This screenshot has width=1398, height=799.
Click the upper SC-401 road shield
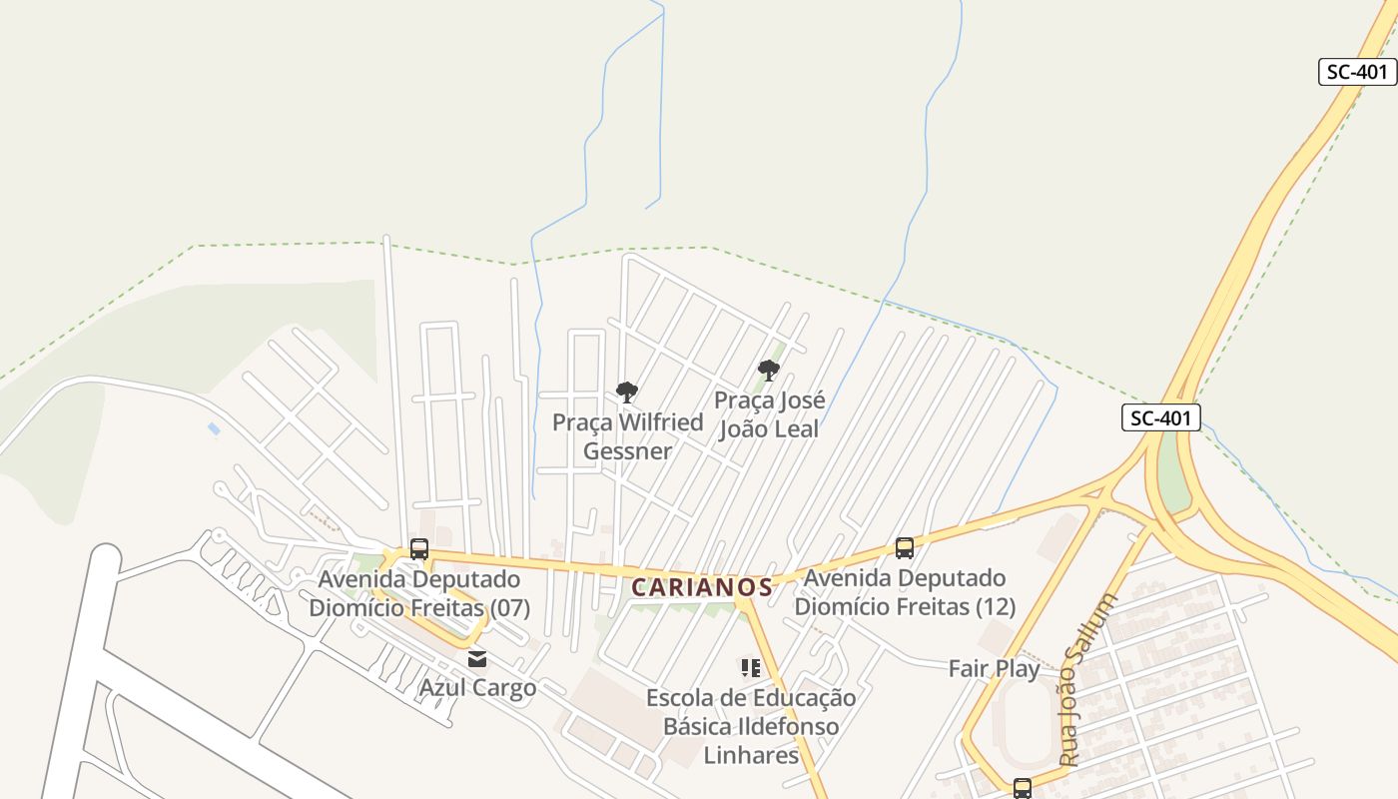[x=1357, y=72]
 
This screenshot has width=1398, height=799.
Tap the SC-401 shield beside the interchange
[x=1160, y=417]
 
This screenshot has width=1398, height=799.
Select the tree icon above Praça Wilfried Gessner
[x=627, y=392]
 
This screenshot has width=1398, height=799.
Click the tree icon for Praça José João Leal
[x=768, y=371]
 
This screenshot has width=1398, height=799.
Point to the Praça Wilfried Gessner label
[x=628, y=436]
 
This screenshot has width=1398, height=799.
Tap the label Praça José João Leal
[x=769, y=414]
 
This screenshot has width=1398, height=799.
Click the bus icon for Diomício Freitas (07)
[x=419, y=549]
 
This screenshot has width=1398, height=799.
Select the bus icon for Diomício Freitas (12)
[x=905, y=547]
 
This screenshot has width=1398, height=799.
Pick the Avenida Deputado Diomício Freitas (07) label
[x=419, y=593]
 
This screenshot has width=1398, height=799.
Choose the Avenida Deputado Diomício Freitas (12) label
[x=905, y=592]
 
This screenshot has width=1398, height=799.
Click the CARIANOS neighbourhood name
[x=703, y=587]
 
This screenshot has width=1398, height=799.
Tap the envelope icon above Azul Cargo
[x=477, y=658]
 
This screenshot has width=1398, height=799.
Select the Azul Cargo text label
[x=477, y=688]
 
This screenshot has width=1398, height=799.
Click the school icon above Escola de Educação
[x=751, y=667]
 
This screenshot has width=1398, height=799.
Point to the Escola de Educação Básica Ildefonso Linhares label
[x=751, y=726]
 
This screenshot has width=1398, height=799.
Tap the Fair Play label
[x=994, y=668]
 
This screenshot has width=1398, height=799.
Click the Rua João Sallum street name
[x=1087, y=679]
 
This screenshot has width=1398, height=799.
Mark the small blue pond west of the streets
[x=214, y=428]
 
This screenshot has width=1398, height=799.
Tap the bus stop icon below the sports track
[x=1022, y=788]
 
